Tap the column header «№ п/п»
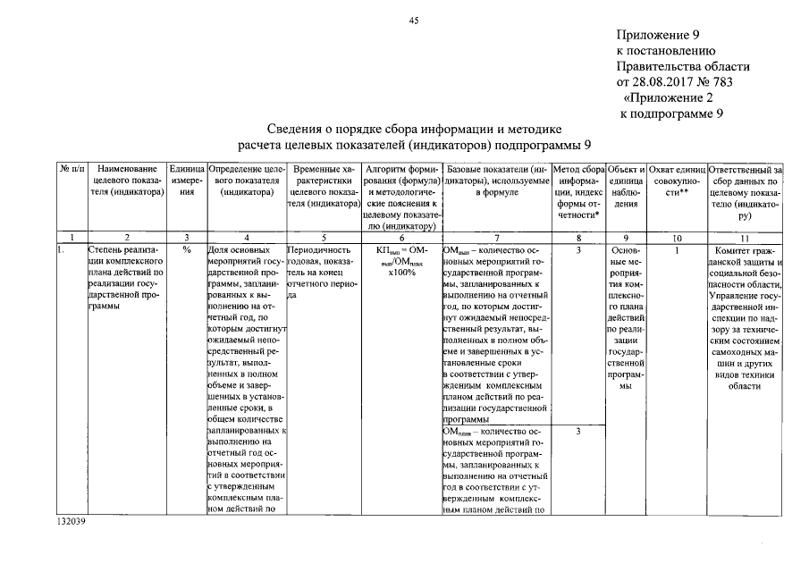point(71,168)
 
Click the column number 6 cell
point(401,236)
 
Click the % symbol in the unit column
point(187,250)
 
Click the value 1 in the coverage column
point(678,250)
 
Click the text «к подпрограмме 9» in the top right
point(671,114)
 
